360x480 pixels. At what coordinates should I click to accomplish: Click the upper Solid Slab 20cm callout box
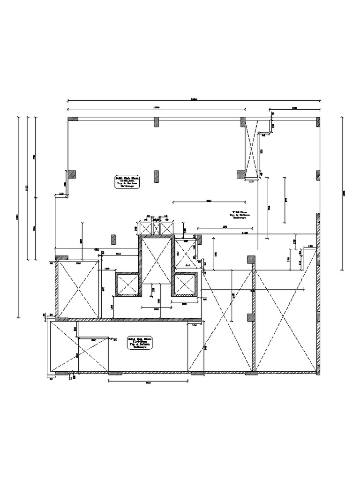pos(127,182)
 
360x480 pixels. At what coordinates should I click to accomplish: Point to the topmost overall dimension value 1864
pos(194,99)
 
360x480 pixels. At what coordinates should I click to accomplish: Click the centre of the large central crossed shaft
pos(157,260)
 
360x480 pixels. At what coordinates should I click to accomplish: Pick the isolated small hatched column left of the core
pos(113,239)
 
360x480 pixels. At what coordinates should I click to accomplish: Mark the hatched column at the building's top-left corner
pos(73,119)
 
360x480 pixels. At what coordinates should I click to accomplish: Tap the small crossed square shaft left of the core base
pos(127,285)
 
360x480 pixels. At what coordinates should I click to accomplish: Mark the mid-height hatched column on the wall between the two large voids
pos(252,318)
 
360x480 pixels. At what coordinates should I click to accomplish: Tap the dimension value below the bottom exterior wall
pos(148,383)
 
